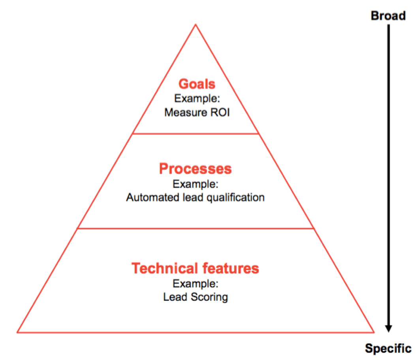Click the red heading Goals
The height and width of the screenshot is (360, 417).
tap(197, 84)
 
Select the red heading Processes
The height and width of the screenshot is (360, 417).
tap(195, 169)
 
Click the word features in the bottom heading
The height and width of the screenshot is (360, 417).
tap(230, 268)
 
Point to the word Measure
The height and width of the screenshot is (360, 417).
tap(186, 112)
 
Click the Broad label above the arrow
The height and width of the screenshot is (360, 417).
tap(388, 16)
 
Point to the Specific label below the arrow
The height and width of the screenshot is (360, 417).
tap(388, 349)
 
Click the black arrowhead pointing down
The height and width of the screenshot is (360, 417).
tap(389, 329)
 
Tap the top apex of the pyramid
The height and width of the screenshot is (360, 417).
tap(195, 24)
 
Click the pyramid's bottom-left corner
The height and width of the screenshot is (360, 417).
tap(17, 332)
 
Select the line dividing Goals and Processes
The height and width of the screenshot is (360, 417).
tap(195, 134)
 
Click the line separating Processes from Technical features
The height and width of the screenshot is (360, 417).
tap(195, 229)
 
